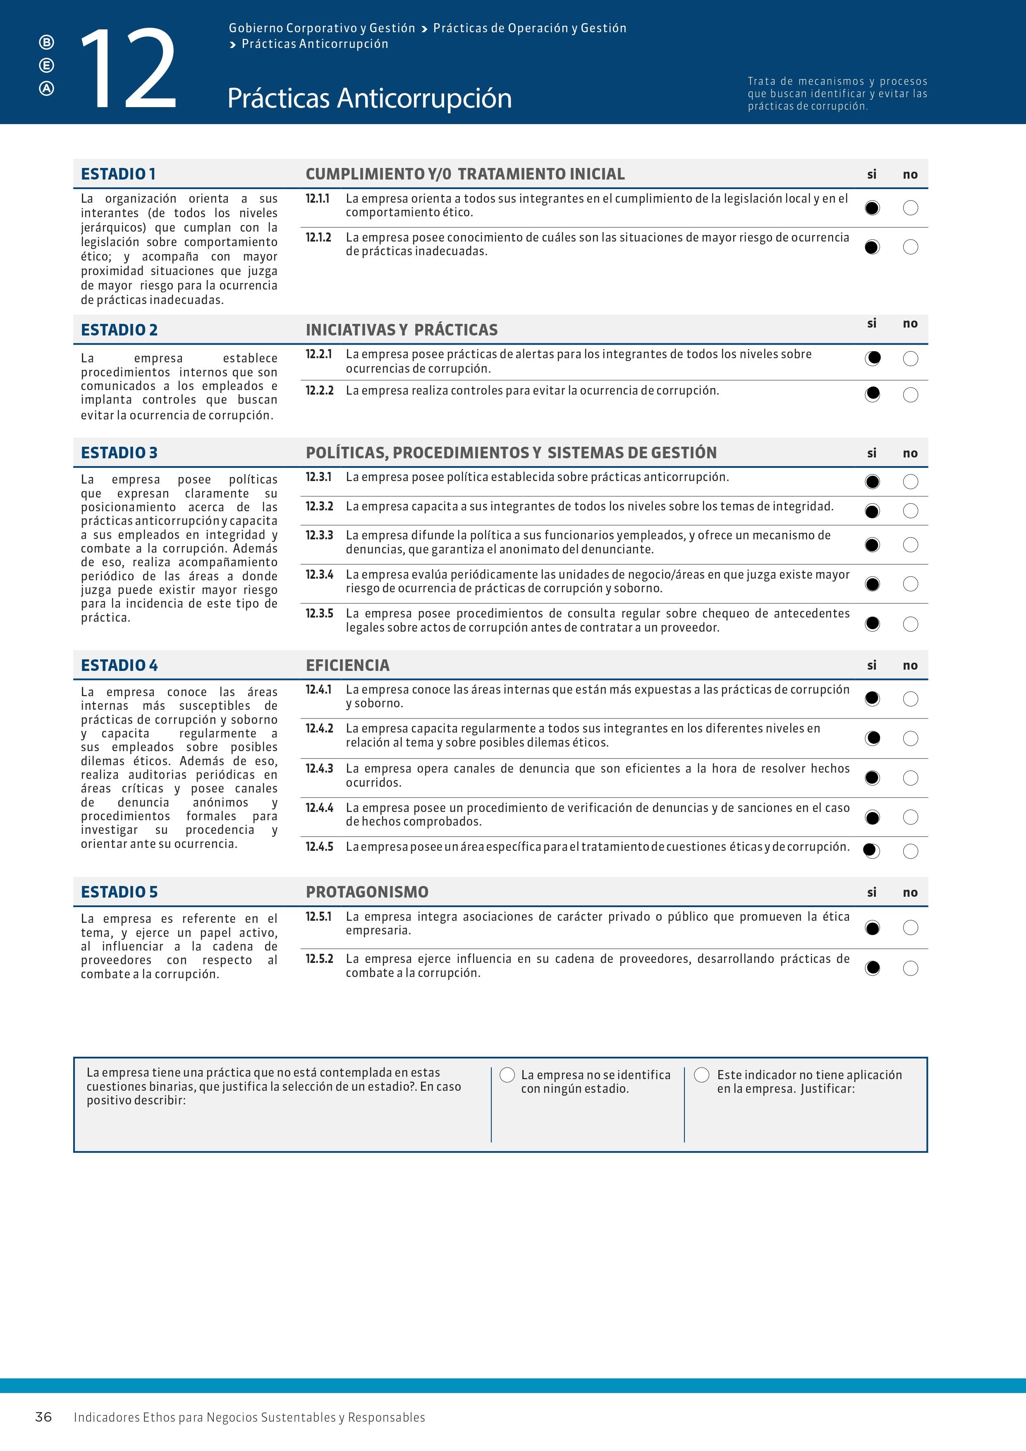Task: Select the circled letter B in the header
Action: tap(47, 42)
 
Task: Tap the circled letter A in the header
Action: tap(47, 89)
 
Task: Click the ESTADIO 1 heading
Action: tap(118, 174)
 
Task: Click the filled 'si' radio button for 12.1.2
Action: tap(872, 247)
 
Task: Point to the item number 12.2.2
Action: tap(319, 390)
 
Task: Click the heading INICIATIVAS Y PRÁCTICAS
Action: tap(401, 330)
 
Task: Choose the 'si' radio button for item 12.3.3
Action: tap(872, 545)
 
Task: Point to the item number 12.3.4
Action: tap(319, 575)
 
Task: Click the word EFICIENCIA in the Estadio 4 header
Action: tap(347, 666)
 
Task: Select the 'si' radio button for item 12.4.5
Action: tap(871, 851)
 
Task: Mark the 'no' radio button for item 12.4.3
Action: tap(910, 778)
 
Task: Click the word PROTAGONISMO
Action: tap(367, 892)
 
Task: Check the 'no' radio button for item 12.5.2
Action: tap(910, 968)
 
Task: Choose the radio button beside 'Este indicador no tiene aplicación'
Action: tap(702, 1075)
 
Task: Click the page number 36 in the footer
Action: tap(43, 1417)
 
